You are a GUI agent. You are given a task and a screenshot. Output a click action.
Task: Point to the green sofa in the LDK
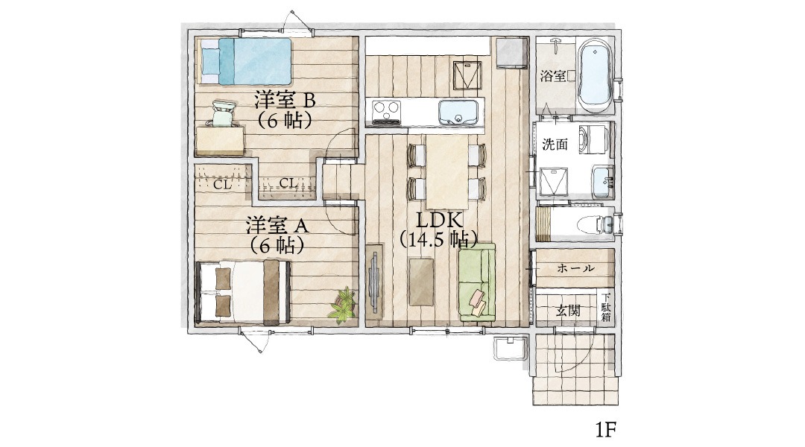[x=476, y=285]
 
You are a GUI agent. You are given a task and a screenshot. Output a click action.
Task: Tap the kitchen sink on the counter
[x=458, y=113]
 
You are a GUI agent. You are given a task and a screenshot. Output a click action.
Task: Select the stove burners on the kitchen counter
[x=386, y=112]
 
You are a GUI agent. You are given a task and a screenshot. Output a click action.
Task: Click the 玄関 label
[x=568, y=311]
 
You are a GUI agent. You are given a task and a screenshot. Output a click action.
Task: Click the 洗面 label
[x=555, y=145]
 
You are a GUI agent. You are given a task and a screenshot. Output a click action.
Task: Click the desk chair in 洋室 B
[x=222, y=115]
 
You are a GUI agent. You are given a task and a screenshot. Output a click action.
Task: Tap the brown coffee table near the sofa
[x=423, y=282]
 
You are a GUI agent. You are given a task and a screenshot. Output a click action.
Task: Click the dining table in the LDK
[x=446, y=171]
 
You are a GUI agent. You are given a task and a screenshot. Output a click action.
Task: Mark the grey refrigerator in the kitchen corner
[x=511, y=54]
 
